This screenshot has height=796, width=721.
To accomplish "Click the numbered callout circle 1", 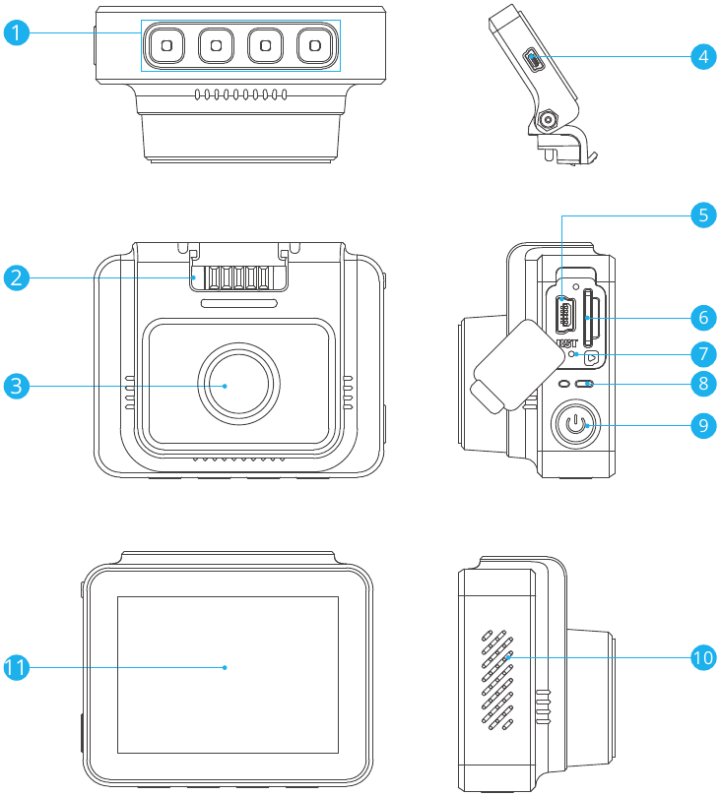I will click(x=15, y=33).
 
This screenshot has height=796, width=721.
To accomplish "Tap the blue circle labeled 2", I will click(x=15, y=277).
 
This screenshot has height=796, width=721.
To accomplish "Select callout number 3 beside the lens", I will click(x=15, y=386).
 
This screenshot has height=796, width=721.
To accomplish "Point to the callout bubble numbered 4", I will click(x=702, y=56).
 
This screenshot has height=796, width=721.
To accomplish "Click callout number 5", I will click(x=702, y=215).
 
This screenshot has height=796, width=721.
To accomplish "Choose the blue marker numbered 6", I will click(x=702, y=318).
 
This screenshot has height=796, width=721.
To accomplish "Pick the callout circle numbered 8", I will click(x=702, y=384).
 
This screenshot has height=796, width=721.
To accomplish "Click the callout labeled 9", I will click(x=702, y=425).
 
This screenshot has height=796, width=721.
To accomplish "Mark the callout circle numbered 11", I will click(x=15, y=667).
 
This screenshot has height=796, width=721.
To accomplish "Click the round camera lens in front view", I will click(x=226, y=386).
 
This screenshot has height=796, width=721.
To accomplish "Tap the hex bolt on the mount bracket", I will click(x=546, y=122).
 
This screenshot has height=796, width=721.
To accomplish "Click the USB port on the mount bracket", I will click(x=534, y=61).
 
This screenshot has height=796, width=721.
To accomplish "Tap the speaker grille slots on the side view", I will click(x=497, y=679).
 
